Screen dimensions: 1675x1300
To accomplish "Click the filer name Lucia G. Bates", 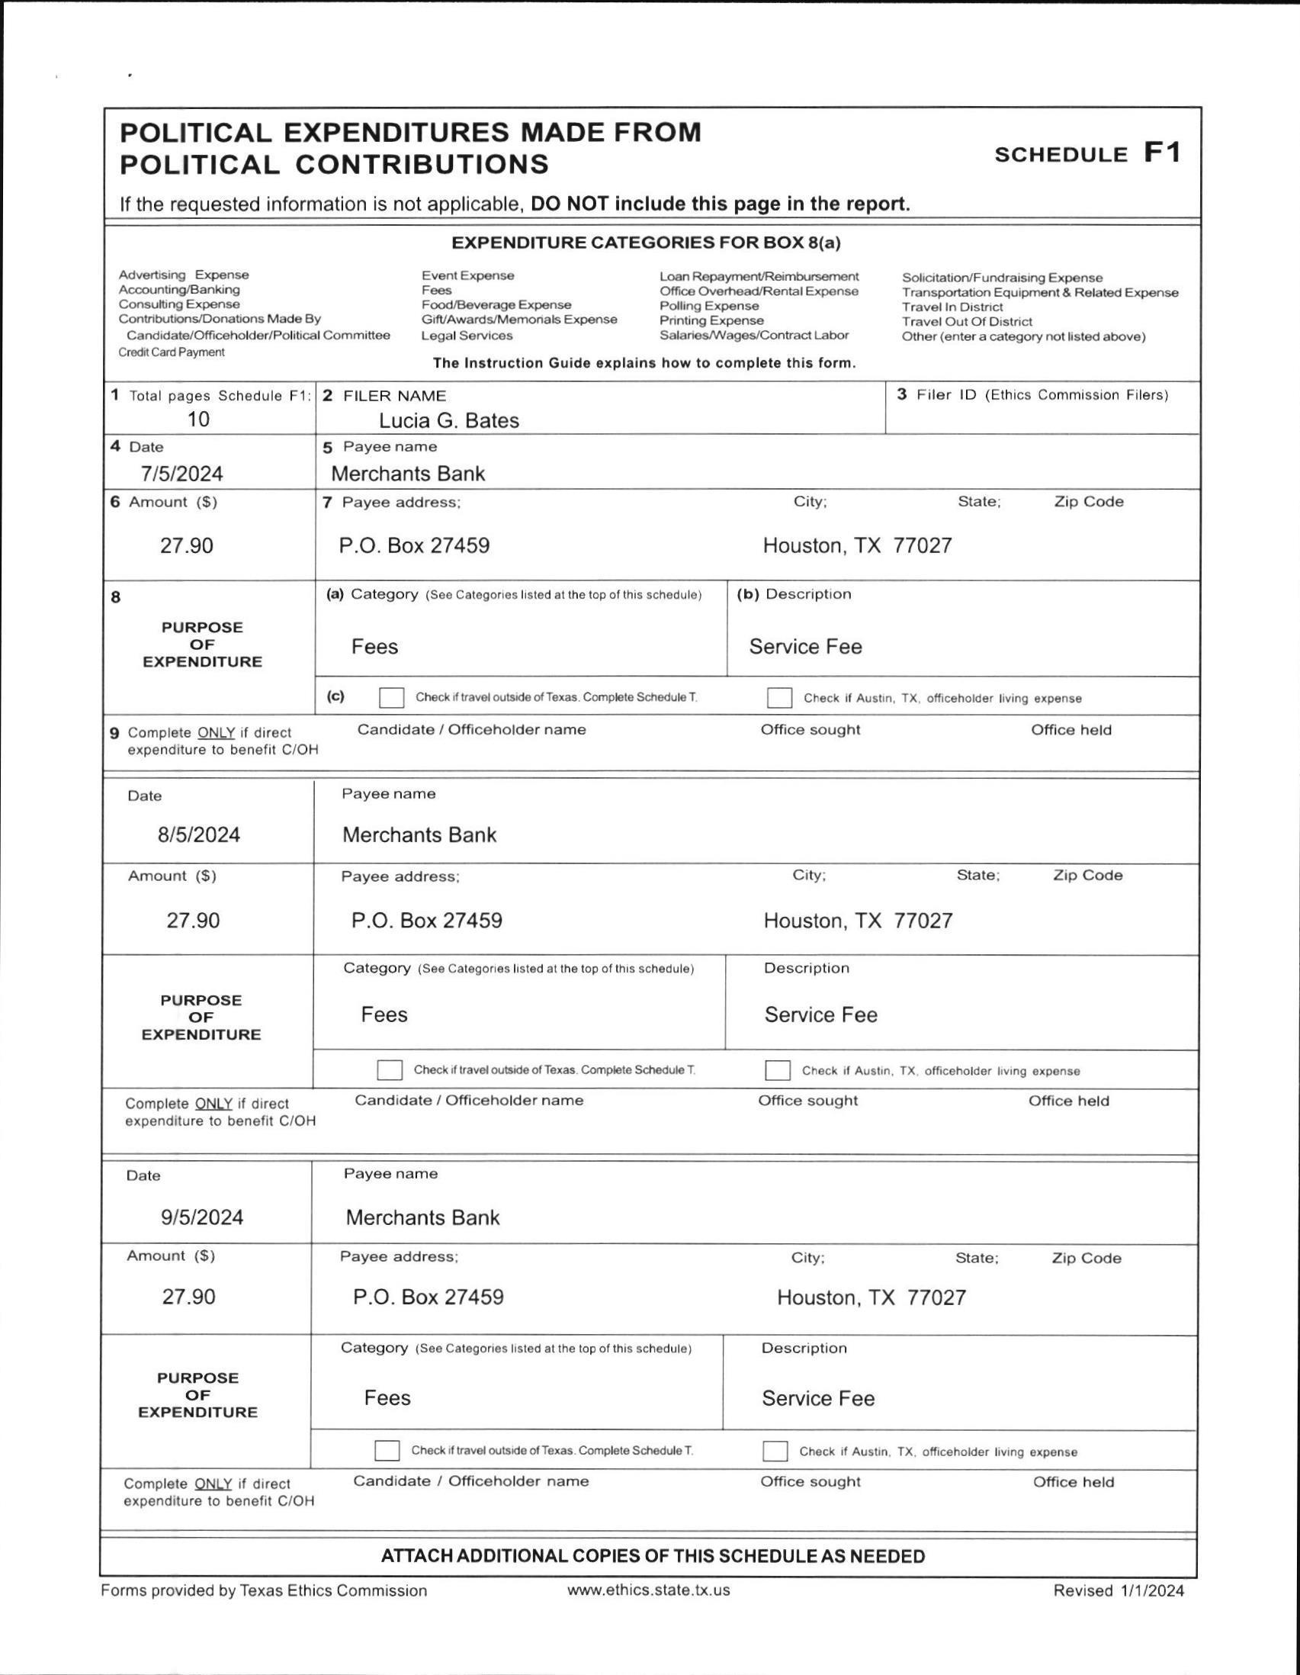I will (x=448, y=420).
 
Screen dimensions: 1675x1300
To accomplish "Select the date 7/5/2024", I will (x=181, y=473).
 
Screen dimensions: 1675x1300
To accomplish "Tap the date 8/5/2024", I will (x=198, y=834).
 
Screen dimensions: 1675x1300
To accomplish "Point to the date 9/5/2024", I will (x=201, y=1217).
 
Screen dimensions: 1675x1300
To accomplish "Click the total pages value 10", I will (x=198, y=419).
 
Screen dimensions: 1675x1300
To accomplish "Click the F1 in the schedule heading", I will (x=1162, y=153).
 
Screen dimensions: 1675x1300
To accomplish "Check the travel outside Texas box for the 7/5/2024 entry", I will (x=391, y=697).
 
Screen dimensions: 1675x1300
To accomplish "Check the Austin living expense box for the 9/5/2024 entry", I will (x=775, y=1451).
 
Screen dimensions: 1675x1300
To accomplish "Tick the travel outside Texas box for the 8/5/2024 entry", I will (x=390, y=1070).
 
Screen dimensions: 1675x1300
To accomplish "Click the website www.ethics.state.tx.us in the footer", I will (x=648, y=1590).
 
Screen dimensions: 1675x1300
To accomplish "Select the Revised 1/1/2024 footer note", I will (x=1119, y=1590).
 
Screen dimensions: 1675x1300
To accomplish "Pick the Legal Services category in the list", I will (x=467, y=335).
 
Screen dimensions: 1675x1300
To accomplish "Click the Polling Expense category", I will (x=709, y=305).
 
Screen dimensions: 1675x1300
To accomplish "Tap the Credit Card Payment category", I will (x=172, y=352).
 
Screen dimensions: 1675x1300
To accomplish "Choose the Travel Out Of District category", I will (x=967, y=321).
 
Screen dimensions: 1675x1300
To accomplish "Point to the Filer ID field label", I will (x=1032, y=395).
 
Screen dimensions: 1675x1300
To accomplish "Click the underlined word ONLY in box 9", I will (x=215, y=732).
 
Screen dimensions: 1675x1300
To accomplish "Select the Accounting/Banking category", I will (x=179, y=289).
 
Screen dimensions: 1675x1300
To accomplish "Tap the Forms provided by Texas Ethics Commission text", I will (x=264, y=1590).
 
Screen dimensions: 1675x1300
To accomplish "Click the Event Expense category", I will (x=467, y=275).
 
